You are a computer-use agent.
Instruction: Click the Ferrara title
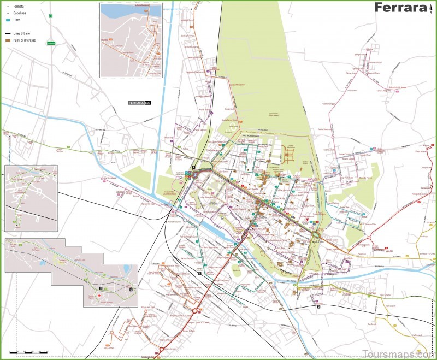pos(400,8)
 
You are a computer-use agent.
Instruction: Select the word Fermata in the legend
pos(19,6)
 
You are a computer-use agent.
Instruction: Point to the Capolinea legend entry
pos(20,13)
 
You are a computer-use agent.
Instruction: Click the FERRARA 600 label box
pos(139,103)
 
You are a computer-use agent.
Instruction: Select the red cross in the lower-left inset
pos(100,296)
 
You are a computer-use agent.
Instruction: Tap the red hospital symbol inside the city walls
pos(308,220)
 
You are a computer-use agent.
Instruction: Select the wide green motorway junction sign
pos(51,43)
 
